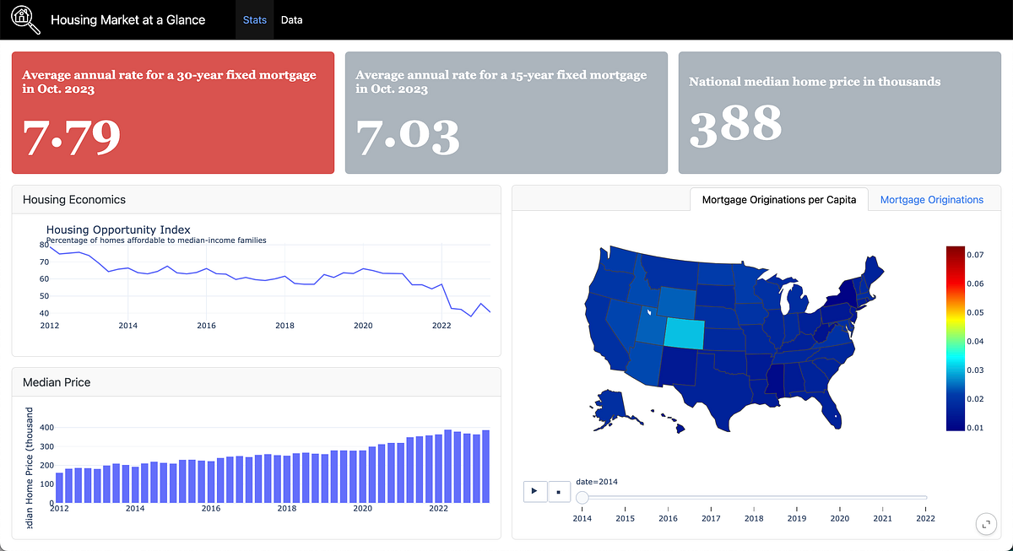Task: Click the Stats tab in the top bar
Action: point(254,19)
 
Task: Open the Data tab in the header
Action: point(291,19)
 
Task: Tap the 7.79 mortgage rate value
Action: point(72,137)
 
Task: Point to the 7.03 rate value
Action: point(407,137)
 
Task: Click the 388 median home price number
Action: point(735,124)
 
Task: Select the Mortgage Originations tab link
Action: point(931,200)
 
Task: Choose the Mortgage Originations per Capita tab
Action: point(778,200)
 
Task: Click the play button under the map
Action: point(535,491)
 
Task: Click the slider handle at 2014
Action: point(582,498)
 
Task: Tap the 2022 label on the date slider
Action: point(926,518)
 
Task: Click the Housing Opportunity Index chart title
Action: point(118,230)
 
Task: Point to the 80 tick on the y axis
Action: point(43,245)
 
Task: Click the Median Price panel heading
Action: point(57,382)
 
